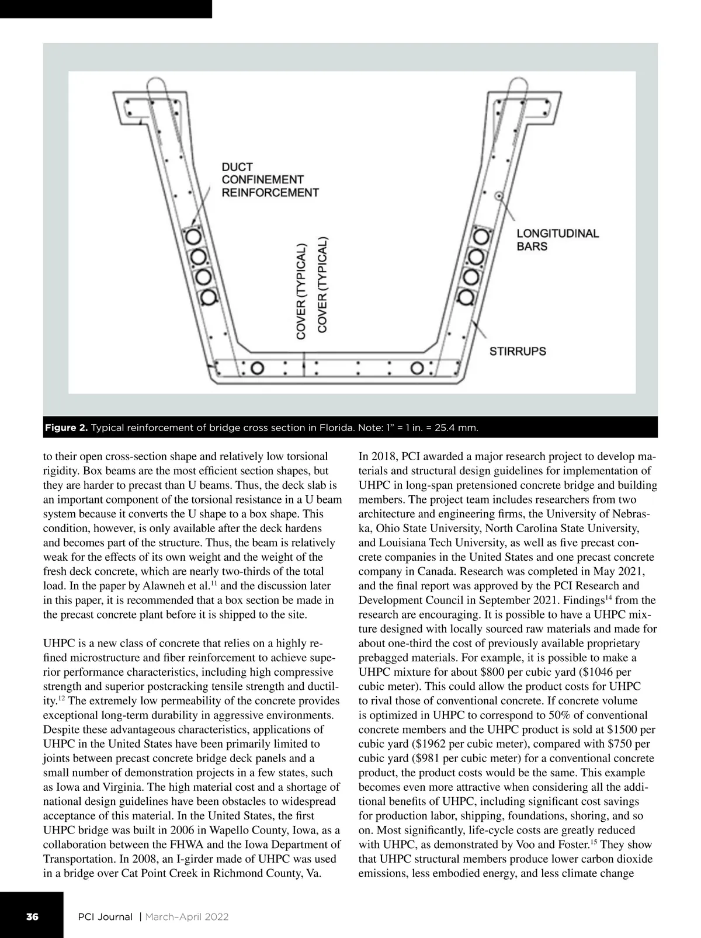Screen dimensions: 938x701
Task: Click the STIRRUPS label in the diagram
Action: coord(518,352)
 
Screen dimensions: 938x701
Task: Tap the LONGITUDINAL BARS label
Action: coord(557,240)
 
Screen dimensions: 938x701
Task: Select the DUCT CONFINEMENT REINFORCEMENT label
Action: coord(270,180)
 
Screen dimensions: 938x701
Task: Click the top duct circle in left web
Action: coord(193,237)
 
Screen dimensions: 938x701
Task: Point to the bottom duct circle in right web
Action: coord(466,296)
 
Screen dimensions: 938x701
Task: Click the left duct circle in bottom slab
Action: coord(256,368)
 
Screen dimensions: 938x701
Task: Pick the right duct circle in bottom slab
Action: coord(417,368)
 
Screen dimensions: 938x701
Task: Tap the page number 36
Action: coord(32,916)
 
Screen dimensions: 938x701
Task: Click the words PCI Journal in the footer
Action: coord(105,916)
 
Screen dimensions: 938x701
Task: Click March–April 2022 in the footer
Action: coord(186,916)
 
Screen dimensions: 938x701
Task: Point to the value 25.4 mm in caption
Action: coord(456,429)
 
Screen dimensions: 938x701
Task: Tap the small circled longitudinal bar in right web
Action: coord(498,196)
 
